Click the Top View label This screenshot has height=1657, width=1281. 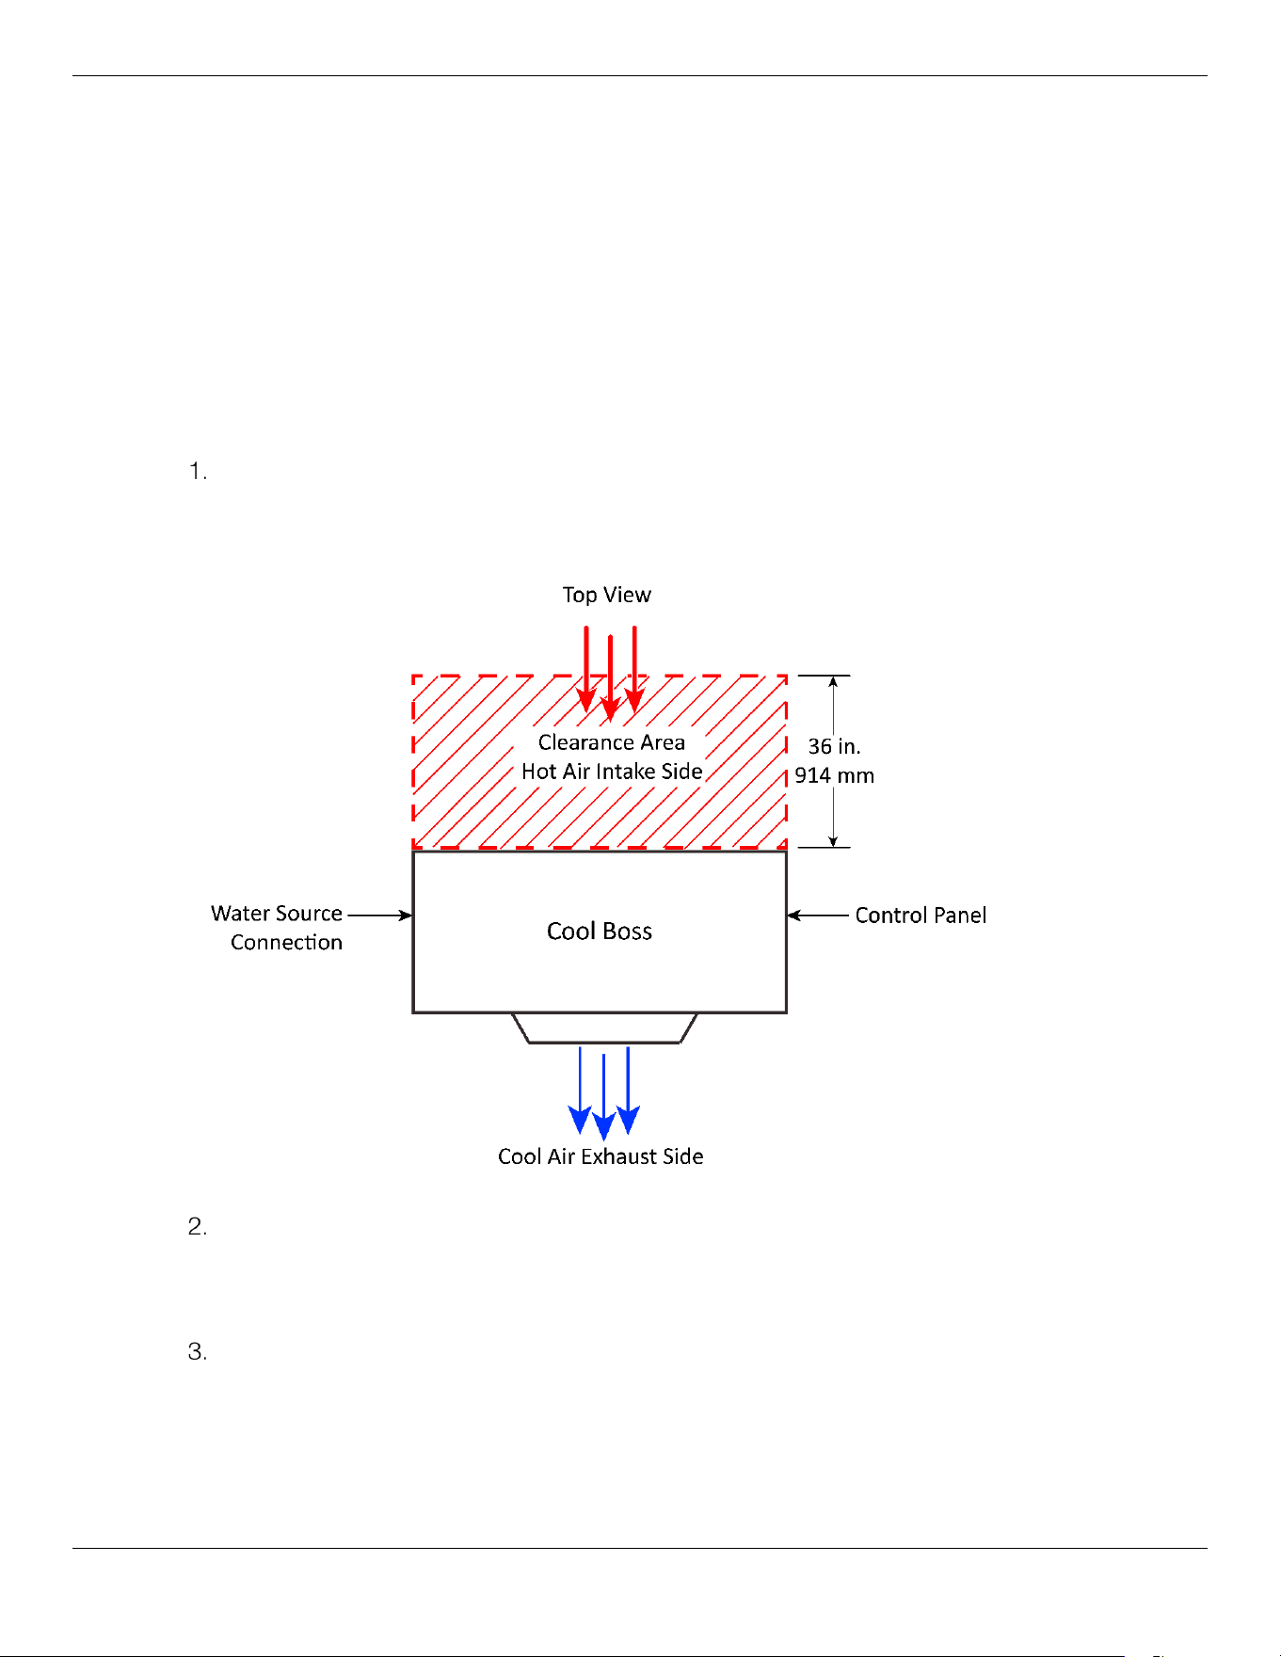(606, 595)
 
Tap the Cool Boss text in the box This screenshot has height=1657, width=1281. (600, 932)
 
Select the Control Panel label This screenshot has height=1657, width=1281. (921, 916)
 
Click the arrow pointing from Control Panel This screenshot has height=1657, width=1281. (818, 916)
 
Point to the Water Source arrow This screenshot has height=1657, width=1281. (380, 915)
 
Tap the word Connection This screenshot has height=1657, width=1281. (286, 943)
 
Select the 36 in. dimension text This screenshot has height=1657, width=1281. (834, 746)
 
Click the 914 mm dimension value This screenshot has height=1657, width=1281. (834, 775)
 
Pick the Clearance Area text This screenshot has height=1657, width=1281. (612, 742)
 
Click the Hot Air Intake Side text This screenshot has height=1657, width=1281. (612, 772)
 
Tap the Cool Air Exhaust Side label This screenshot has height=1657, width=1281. (600, 1156)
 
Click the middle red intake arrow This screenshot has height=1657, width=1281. (611, 678)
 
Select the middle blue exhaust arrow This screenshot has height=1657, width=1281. (603, 1097)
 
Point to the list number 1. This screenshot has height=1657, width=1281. (198, 471)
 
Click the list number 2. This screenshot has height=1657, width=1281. (198, 1227)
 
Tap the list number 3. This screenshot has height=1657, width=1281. (198, 1352)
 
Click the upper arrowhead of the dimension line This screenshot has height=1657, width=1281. (833, 682)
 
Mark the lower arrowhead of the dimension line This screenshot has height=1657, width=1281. (833, 840)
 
